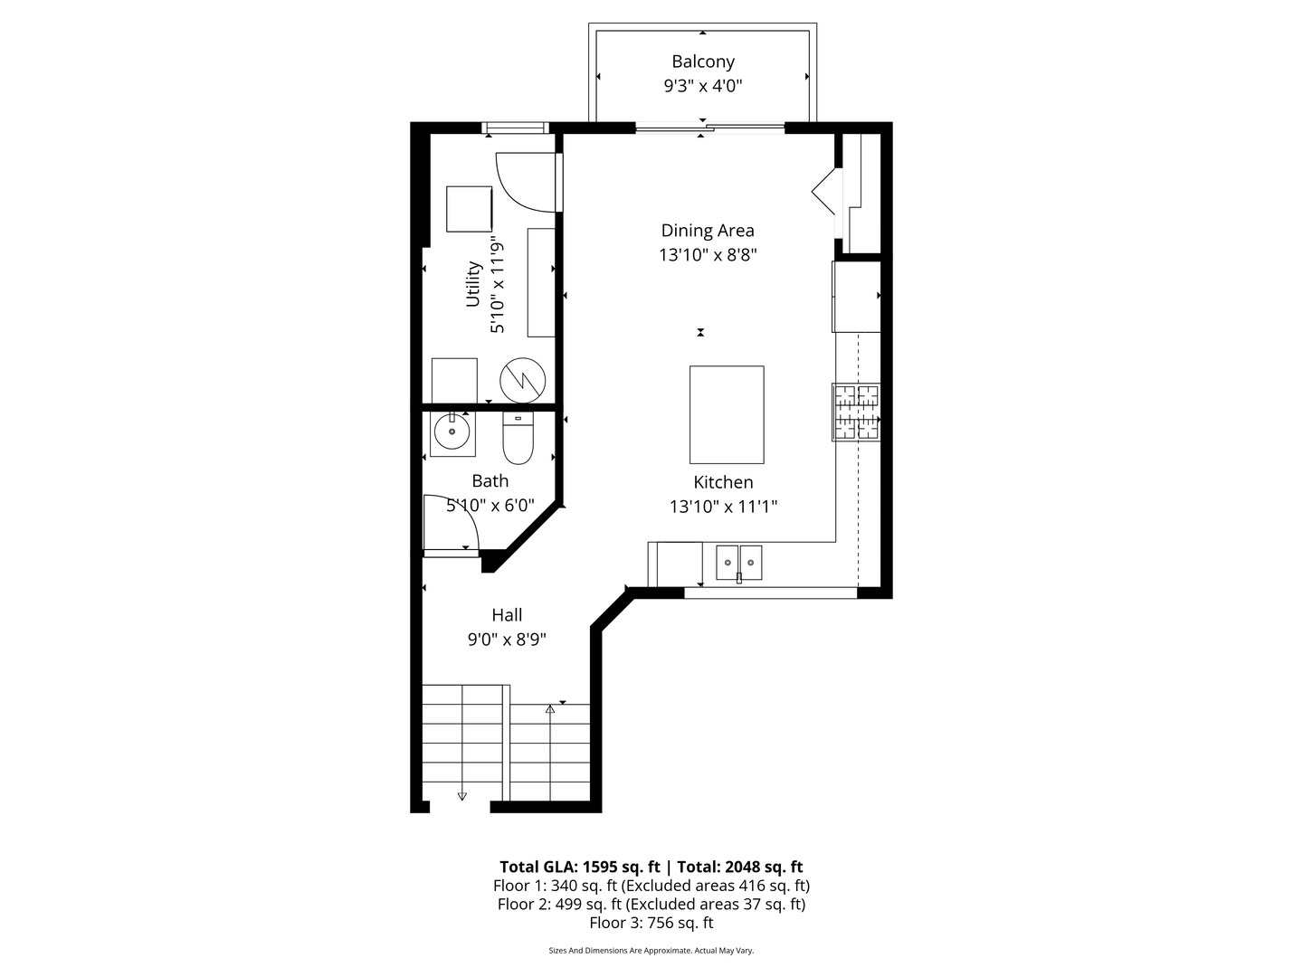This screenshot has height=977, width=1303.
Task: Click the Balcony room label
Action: tap(703, 62)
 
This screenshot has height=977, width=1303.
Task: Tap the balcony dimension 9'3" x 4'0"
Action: tap(703, 87)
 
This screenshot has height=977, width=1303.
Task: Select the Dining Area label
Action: tap(708, 231)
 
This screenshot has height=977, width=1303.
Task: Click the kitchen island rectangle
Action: tap(727, 414)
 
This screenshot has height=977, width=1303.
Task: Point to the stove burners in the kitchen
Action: tap(856, 413)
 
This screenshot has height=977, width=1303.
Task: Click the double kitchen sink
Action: tap(739, 563)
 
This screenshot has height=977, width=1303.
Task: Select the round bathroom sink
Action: tap(452, 432)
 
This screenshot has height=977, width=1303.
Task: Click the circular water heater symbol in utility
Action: tap(523, 380)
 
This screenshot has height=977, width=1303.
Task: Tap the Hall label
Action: tap(507, 615)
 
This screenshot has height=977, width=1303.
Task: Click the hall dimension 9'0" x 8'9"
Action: tap(507, 640)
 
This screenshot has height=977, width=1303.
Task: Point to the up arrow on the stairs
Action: tap(550, 709)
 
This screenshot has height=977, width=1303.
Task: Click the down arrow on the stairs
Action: tap(462, 795)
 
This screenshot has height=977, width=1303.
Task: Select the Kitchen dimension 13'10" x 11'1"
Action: tap(723, 507)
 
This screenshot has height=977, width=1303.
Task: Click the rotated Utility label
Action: tap(473, 284)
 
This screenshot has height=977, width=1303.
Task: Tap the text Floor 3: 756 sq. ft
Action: tap(651, 923)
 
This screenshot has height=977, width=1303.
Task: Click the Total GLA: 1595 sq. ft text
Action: tap(579, 867)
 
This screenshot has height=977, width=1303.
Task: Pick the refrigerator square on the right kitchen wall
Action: tap(856, 297)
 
